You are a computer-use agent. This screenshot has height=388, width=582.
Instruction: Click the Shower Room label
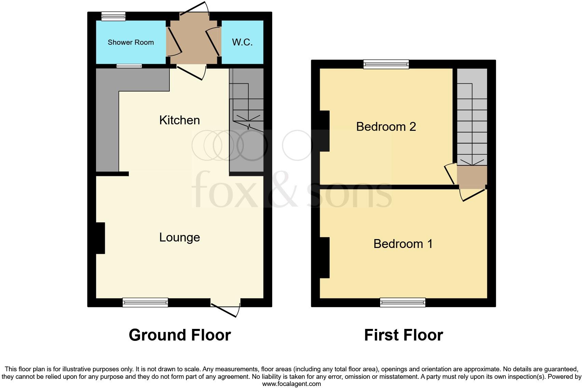point(130,42)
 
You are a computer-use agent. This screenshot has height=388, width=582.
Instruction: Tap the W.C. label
point(242,42)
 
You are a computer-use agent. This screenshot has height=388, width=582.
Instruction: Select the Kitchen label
point(179,120)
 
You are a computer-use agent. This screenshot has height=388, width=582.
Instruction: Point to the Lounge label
point(179,237)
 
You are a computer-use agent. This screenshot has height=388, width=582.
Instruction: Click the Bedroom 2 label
point(386,127)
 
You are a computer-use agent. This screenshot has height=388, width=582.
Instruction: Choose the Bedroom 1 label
point(403,244)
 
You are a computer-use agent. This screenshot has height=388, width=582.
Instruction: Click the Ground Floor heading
point(180,335)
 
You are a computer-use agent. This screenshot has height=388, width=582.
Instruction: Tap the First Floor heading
point(403,335)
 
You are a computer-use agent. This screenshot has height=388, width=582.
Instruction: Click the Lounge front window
point(145,302)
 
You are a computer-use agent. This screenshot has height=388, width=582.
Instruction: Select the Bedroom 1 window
point(403,302)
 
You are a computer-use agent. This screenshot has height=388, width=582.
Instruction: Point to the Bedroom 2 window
point(386,64)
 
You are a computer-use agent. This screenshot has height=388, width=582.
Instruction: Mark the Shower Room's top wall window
point(113,16)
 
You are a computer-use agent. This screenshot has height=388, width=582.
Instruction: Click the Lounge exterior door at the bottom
point(225,307)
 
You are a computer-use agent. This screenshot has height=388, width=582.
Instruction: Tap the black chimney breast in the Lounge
point(100,238)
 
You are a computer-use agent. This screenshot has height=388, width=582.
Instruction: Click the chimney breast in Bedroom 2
point(324,131)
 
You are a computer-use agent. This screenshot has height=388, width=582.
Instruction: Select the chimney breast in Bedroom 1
point(324,258)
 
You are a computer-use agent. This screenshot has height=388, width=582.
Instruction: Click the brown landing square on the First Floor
point(472,176)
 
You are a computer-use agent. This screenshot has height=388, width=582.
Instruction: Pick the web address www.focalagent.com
point(291,384)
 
